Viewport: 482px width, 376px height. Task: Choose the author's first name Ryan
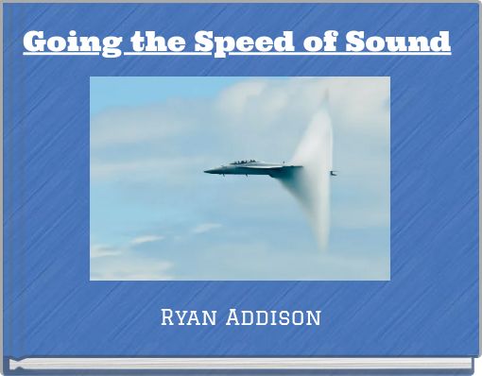[x=192, y=316]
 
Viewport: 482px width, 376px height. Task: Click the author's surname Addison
[x=275, y=316]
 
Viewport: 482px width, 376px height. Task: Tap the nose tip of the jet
[x=206, y=171]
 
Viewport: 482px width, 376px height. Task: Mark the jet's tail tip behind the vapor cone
[x=333, y=173]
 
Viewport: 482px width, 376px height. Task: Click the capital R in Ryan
[x=170, y=316]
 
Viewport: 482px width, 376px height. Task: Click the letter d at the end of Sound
[x=439, y=43]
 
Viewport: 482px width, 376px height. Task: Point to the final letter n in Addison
[x=314, y=317]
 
